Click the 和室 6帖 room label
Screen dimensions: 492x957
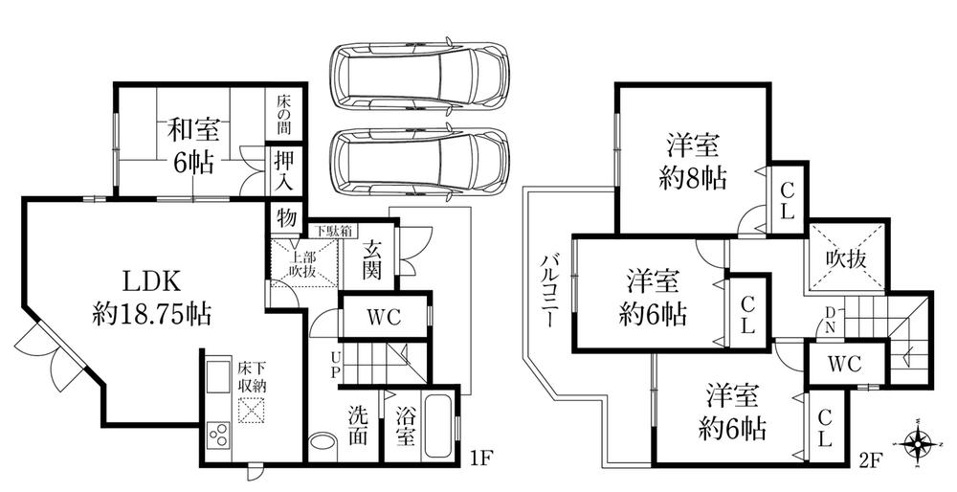tap(191, 144)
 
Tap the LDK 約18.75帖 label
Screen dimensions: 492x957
tap(153, 296)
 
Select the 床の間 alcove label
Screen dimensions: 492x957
tap(283, 113)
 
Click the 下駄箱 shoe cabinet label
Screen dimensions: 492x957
tap(337, 231)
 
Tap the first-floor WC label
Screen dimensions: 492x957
tap(381, 317)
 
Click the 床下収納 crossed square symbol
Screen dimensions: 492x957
tap(252, 412)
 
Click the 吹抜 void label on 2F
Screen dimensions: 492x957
tap(848, 257)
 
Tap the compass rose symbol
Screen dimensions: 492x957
tap(919, 443)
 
